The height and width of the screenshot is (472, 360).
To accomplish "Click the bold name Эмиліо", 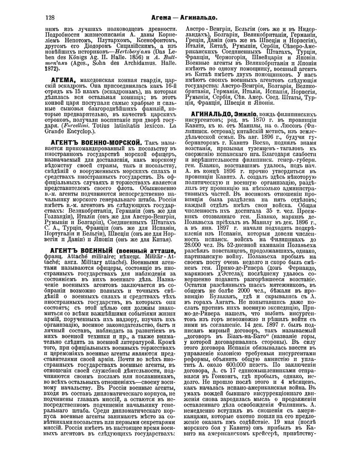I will [x=253, y=111].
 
